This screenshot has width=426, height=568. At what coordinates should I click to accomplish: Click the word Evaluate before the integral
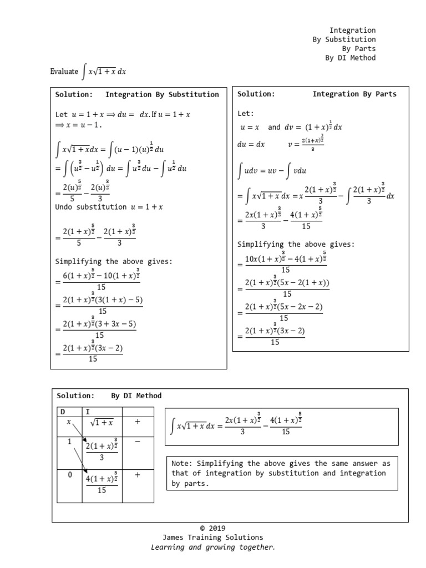pyautogui.click(x=64, y=72)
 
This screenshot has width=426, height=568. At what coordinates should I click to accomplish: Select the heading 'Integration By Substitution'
pyautogui.click(x=162, y=94)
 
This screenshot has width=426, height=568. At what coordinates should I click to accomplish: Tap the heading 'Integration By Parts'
pyautogui.click(x=354, y=94)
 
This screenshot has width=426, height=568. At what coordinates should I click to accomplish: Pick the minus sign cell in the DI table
pyautogui.click(x=137, y=442)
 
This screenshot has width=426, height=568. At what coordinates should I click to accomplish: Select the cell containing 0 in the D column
pyautogui.click(x=69, y=475)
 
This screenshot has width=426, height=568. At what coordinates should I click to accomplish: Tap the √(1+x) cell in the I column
pyautogui.click(x=102, y=423)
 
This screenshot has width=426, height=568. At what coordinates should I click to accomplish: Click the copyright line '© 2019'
pyautogui.click(x=212, y=528)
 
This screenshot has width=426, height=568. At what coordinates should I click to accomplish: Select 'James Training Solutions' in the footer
pyautogui.click(x=212, y=537)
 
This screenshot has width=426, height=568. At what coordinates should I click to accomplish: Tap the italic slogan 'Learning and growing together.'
pyautogui.click(x=212, y=547)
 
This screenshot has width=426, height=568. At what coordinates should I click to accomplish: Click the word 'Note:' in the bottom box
pyautogui.click(x=182, y=463)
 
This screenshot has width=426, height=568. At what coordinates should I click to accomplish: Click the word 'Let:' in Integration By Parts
pyautogui.click(x=245, y=113)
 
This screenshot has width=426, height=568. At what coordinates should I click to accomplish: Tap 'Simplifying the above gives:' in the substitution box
pyautogui.click(x=114, y=261)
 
